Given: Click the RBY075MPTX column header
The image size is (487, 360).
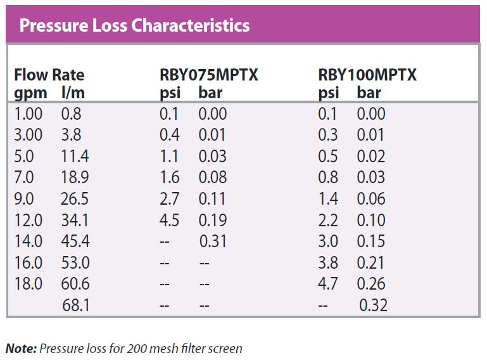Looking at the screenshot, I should coord(209,75).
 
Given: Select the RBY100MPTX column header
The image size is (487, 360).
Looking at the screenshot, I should coord(367,75).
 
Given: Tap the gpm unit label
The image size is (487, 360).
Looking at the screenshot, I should coord(29,93).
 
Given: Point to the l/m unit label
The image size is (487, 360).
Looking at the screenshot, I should coord(74,93).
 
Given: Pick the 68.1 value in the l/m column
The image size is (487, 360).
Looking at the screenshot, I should coord(76,306).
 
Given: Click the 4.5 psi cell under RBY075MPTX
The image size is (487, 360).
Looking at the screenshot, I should coord(169,221).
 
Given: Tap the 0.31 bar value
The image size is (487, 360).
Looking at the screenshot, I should coord(213,242).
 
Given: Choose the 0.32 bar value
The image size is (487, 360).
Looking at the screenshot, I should coord(373,306).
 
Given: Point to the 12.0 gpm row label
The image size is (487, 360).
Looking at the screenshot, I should coord(28,221).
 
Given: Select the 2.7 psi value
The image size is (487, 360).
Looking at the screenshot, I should coord(169,199).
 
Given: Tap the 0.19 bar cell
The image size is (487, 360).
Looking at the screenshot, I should coord(213,221).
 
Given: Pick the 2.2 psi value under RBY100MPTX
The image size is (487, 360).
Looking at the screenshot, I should coord(328,221).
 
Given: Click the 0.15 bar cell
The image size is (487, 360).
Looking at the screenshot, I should coord(371,242).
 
